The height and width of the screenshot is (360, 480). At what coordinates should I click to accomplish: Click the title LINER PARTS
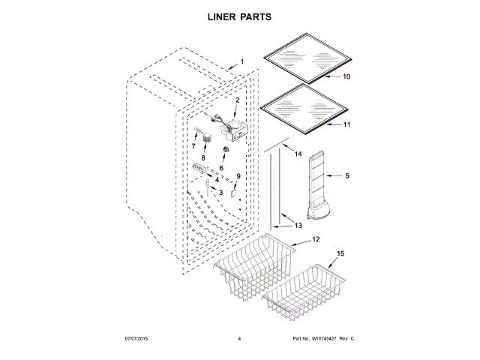(x=239, y=16)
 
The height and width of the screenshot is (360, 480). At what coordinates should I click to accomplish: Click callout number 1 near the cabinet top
(x=241, y=61)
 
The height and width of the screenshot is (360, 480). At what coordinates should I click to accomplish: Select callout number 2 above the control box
(x=237, y=100)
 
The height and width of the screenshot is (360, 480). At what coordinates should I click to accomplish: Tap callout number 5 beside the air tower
(x=347, y=177)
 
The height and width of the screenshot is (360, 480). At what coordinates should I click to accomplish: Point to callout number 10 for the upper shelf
(x=346, y=76)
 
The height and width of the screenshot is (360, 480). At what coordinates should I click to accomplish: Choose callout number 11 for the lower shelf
(x=346, y=125)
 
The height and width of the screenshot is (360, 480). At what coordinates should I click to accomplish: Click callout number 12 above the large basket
(x=316, y=239)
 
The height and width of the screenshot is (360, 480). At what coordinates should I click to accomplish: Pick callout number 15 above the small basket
(x=341, y=254)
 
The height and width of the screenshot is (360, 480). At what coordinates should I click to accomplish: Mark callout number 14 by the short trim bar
(x=298, y=154)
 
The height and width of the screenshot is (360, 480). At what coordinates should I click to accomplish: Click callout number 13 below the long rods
(x=298, y=225)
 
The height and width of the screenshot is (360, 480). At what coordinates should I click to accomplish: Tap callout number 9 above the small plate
(x=238, y=177)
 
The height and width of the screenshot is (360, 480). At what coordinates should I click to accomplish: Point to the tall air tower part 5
(x=319, y=187)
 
